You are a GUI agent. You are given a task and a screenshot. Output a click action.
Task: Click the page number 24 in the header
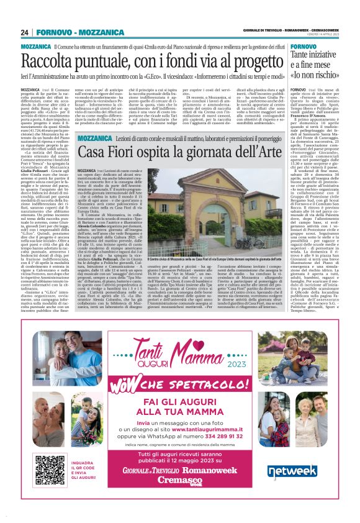click(25, 32)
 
